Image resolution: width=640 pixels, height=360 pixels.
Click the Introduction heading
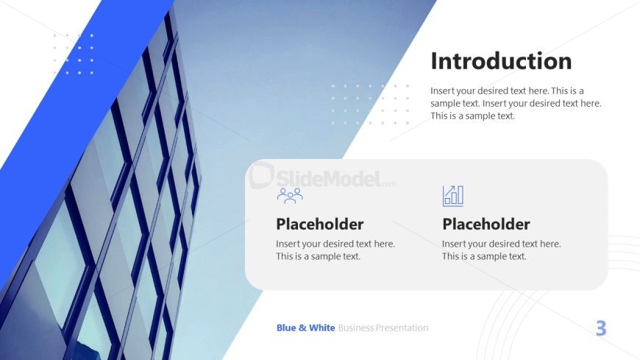(x=501, y=61)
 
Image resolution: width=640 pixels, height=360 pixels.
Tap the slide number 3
(x=601, y=328)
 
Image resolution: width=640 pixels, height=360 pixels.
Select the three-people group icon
(x=290, y=195)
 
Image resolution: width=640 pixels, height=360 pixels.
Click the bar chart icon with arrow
(x=453, y=196)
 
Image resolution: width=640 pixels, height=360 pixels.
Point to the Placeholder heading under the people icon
(x=319, y=224)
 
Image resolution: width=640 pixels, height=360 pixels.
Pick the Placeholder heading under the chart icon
(x=486, y=224)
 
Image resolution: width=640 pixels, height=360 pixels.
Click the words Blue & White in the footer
(x=306, y=328)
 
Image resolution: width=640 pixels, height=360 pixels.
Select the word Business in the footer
(x=356, y=328)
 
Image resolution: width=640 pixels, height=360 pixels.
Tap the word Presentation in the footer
(x=402, y=328)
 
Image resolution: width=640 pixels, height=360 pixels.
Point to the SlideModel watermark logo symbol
(x=261, y=176)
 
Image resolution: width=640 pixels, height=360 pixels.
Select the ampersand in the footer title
(x=302, y=328)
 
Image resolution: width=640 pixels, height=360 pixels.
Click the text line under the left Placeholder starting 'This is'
(x=319, y=256)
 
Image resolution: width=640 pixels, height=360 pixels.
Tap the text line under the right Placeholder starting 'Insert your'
(x=502, y=244)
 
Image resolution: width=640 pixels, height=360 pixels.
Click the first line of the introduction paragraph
(x=508, y=91)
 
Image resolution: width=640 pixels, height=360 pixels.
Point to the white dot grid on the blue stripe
(x=74, y=54)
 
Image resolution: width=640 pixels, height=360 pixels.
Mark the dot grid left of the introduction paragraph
(x=370, y=105)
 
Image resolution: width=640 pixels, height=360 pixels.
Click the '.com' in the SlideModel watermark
(x=389, y=184)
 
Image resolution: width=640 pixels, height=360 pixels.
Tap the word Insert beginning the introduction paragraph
(x=441, y=91)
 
